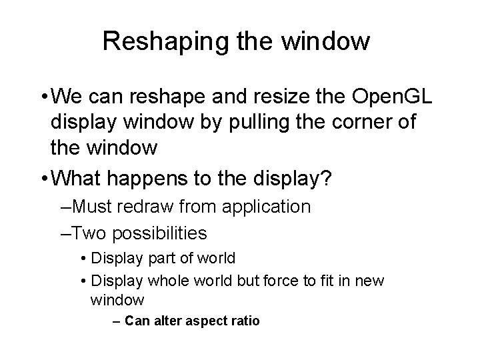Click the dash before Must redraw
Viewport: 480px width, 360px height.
64,207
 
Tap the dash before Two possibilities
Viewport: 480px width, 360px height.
64,233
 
